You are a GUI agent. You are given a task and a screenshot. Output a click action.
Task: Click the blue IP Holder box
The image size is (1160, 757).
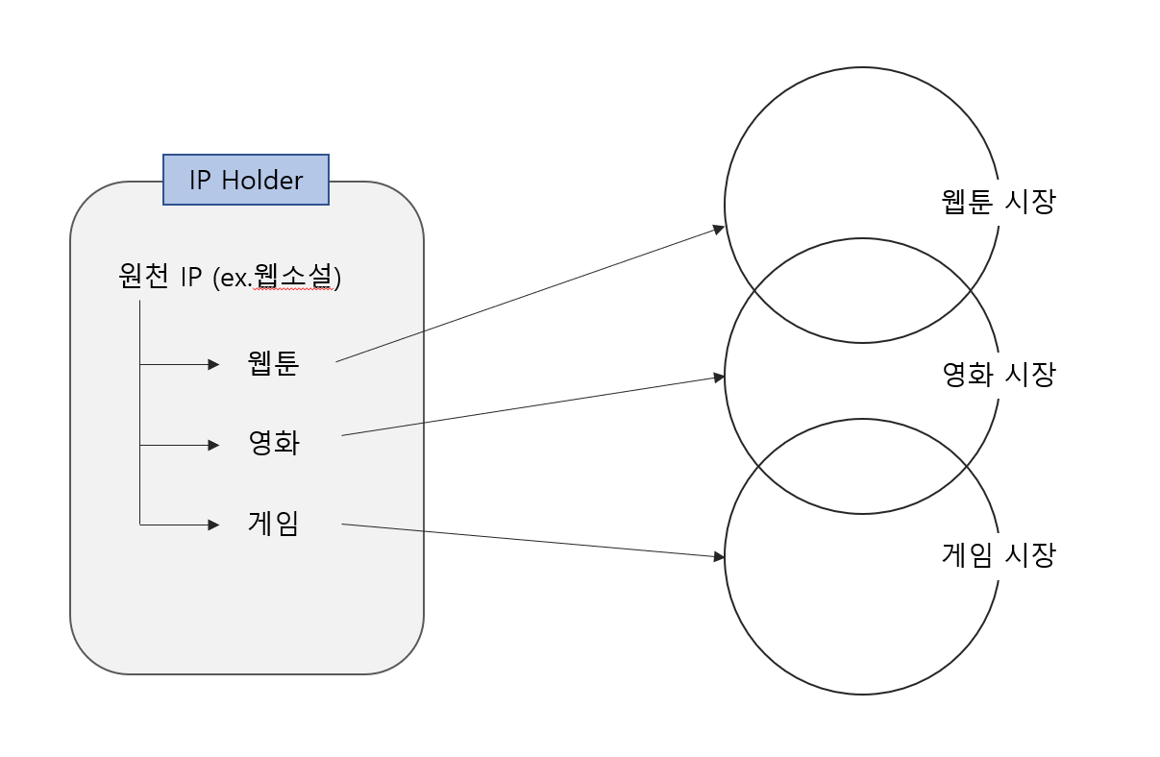tap(246, 180)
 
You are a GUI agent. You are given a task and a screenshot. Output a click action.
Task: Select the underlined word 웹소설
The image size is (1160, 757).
tap(293, 276)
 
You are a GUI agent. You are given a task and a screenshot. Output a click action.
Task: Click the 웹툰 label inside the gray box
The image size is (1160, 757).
tap(273, 363)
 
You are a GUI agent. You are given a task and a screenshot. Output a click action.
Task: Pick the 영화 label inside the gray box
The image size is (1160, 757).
tap(274, 443)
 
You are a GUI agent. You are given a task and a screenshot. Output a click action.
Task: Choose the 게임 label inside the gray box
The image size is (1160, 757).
tap(274, 523)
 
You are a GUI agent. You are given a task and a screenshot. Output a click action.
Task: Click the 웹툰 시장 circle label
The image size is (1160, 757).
tap(998, 201)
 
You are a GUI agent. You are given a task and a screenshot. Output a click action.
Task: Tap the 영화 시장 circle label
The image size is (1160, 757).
tap(999, 374)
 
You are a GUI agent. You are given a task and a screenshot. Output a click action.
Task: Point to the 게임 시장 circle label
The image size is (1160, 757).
tap(998, 554)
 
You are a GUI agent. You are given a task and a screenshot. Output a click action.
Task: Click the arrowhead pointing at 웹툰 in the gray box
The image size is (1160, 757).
tap(213, 364)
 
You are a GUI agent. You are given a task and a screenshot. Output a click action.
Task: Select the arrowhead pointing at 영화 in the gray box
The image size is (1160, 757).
tap(213, 446)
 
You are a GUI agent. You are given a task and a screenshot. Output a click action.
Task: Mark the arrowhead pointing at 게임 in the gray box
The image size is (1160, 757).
tap(213, 525)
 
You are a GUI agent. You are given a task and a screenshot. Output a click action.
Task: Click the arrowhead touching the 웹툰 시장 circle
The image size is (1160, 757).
tap(718, 229)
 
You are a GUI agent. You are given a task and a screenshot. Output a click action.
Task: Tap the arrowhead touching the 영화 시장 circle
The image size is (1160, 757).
tap(719, 378)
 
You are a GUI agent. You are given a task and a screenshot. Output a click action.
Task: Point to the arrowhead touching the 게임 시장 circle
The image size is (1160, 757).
tap(719, 556)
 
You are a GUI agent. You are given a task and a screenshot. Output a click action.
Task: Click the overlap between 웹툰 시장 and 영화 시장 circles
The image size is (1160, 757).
tap(862, 290)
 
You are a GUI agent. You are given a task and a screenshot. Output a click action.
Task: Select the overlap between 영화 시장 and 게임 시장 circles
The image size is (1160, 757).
tap(862, 466)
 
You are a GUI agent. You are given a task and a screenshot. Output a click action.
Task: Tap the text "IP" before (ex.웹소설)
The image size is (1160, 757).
tap(190, 277)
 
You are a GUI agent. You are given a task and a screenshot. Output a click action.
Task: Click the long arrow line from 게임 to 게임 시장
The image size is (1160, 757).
tap(533, 541)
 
